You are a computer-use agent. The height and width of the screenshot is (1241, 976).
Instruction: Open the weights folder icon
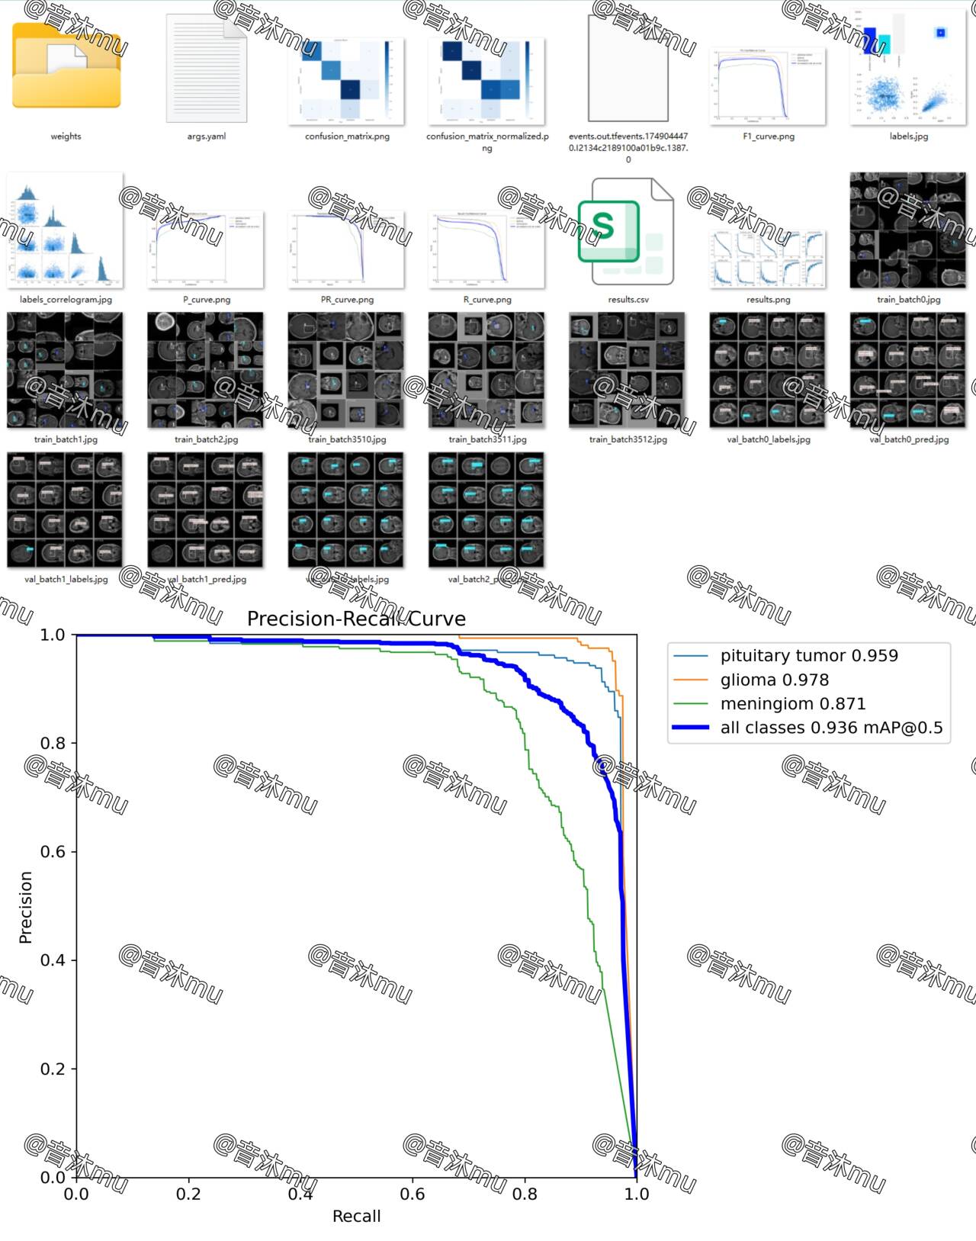coord(66,67)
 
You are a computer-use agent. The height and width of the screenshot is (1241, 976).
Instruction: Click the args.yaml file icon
coord(207,68)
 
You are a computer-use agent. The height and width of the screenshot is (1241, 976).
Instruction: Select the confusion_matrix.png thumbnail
coord(346,81)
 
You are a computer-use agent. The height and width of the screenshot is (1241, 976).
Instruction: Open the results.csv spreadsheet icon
coord(627,231)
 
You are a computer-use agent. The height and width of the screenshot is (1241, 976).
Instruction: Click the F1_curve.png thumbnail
coord(767,85)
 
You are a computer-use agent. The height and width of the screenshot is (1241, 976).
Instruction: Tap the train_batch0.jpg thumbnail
coord(907,230)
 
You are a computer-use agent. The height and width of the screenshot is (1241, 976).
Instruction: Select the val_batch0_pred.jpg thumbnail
coord(907,371)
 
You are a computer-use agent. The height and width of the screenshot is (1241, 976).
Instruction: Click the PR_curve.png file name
coord(347,300)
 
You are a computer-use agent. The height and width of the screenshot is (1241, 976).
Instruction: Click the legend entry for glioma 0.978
coord(774,680)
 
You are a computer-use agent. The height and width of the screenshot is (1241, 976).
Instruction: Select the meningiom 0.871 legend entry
coord(792,704)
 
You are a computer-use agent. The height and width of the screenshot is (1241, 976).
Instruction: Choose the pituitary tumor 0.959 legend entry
coord(808,656)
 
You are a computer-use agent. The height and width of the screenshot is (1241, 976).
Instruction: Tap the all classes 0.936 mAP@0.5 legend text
coord(831,728)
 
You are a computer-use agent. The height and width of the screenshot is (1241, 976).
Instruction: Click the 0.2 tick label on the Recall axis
coord(188,1194)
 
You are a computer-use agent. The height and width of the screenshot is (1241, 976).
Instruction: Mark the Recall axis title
coord(356,1217)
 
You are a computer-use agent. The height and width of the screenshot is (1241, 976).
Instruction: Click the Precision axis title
coord(26,907)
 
